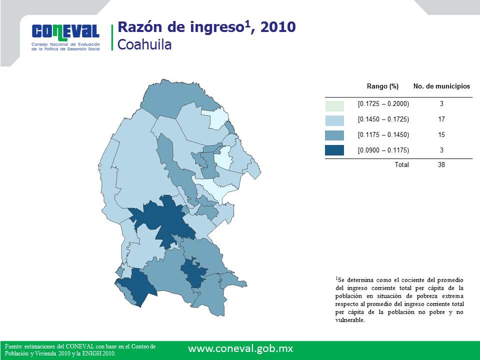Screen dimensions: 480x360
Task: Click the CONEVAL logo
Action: (x=66, y=37)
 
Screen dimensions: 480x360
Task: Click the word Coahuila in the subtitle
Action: (x=144, y=44)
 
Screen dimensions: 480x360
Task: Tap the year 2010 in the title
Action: (x=278, y=27)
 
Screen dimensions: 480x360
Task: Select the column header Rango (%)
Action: (x=382, y=86)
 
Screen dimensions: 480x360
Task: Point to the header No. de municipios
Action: (x=441, y=86)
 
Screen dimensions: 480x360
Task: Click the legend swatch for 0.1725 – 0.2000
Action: (x=334, y=105)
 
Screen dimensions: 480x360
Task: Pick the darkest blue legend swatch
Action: (x=334, y=150)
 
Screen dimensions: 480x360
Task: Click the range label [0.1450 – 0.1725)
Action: (x=383, y=119)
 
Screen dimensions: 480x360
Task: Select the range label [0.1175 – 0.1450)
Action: (x=383, y=134)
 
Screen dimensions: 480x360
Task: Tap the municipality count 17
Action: (x=441, y=119)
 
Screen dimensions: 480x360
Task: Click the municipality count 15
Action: (x=441, y=134)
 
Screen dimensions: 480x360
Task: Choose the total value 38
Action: (x=441, y=164)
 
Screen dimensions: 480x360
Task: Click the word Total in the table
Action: (x=401, y=164)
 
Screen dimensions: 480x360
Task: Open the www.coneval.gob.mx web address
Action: (x=240, y=348)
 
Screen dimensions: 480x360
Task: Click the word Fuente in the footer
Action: (x=13, y=346)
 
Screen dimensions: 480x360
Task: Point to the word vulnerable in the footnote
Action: (x=349, y=320)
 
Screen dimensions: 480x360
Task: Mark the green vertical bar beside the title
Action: (x=112, y=37)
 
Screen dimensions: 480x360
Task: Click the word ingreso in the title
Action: (x=216, y=27)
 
